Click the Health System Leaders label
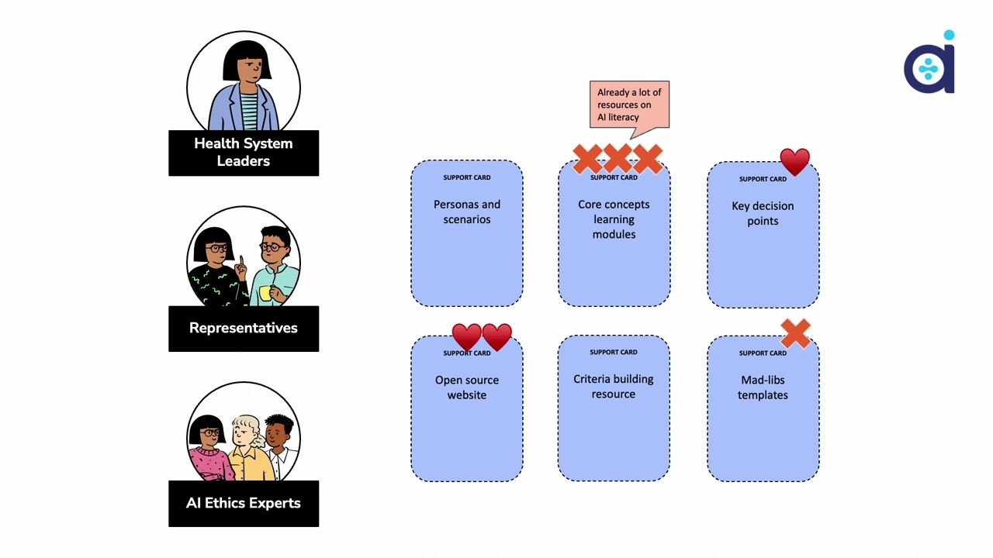pyautogui.click(x=243, y=153)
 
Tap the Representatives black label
pyautogui.click(x=243, y=328)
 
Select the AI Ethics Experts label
pyautogui.click(x=243, y=503)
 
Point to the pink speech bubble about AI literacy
pyautogui.click(x=629, y=105)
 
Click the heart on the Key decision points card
pyautogui.click(x=794, y=162)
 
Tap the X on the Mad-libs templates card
pyautogui.click(x=795, y=334)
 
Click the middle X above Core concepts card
pyautogui.click(x=618, y=159)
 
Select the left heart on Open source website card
pyautogui.click(x=466, y=337)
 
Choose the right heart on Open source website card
pyautogui.click(x=497, y=337)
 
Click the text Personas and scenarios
pyautogui.click(x=466, y=212)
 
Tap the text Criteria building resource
pyautogui.click(x=613, y=387)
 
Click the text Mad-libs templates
pyautogui.click(x=763, y=387)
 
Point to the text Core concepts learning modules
pyautogui.click(x=614, y=219)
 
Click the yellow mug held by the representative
pyautogui.click(x=265, y=293)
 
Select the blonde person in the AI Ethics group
pyautogui.click(x=246, y=438)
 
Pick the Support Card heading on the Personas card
pyautogui.click(x=466, y=177)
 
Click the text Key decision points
pyautogui.click(x=763, y=213)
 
